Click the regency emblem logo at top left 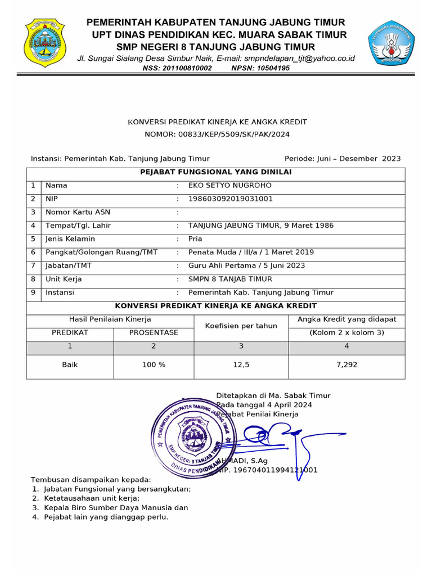tap(46, 43)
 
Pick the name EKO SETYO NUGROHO tap(229, 185)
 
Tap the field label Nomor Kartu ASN tap(78, 212)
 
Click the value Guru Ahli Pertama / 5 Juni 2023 tap(246, 265)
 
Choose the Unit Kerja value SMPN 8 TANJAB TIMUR tap(230, 279)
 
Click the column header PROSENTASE tap(154, 332)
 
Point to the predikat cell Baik tap(70, 364)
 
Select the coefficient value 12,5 tap(241, 364)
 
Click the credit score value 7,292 tap(346, 364)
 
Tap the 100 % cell tap(154, 364)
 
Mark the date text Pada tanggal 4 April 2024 tap(264, 404)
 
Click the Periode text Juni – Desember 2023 tap(343, 159)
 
